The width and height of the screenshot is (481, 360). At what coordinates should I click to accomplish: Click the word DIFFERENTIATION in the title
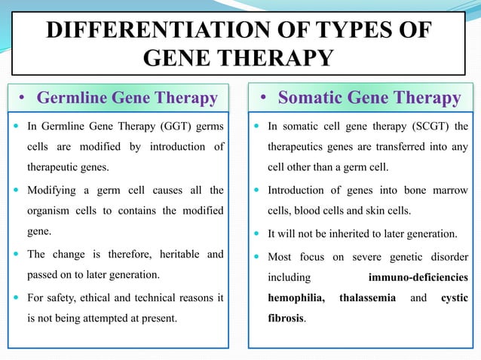pyautogui.click(x=159, y=29)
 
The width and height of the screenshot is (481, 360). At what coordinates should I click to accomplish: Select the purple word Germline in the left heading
pyautogui.click(x=72, y=98)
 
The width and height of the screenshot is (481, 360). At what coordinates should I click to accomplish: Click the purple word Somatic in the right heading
pyautogui.click(x=311, y=97)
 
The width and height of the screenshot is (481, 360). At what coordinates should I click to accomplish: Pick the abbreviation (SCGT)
pyautogui.click(x=431, y=127)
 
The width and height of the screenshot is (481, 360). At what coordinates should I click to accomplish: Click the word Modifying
pyautogui.click(x=51, y=191)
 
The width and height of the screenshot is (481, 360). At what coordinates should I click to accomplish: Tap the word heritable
pyautogui.click(x=179, y=254)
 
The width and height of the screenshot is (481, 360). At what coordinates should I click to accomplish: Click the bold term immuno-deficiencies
pyautogui.click(x=418, y=277)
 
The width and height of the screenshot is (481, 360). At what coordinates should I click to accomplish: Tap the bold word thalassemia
pyautogui.click(x=367, y=297)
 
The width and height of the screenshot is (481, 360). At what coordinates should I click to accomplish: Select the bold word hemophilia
pyautogui.click(x=296, y=297)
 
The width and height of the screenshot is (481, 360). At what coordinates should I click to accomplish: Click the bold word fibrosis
pyautogui.click(x=286, y=318)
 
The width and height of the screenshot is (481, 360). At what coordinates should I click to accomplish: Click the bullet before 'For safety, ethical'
pyautogui.click(x=17, y=297)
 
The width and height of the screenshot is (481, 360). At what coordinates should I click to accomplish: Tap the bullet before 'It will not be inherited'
pyautogui.click(x=257, y=233)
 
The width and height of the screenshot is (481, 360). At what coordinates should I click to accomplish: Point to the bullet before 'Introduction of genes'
pyautogui.click(x=257, y=190)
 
